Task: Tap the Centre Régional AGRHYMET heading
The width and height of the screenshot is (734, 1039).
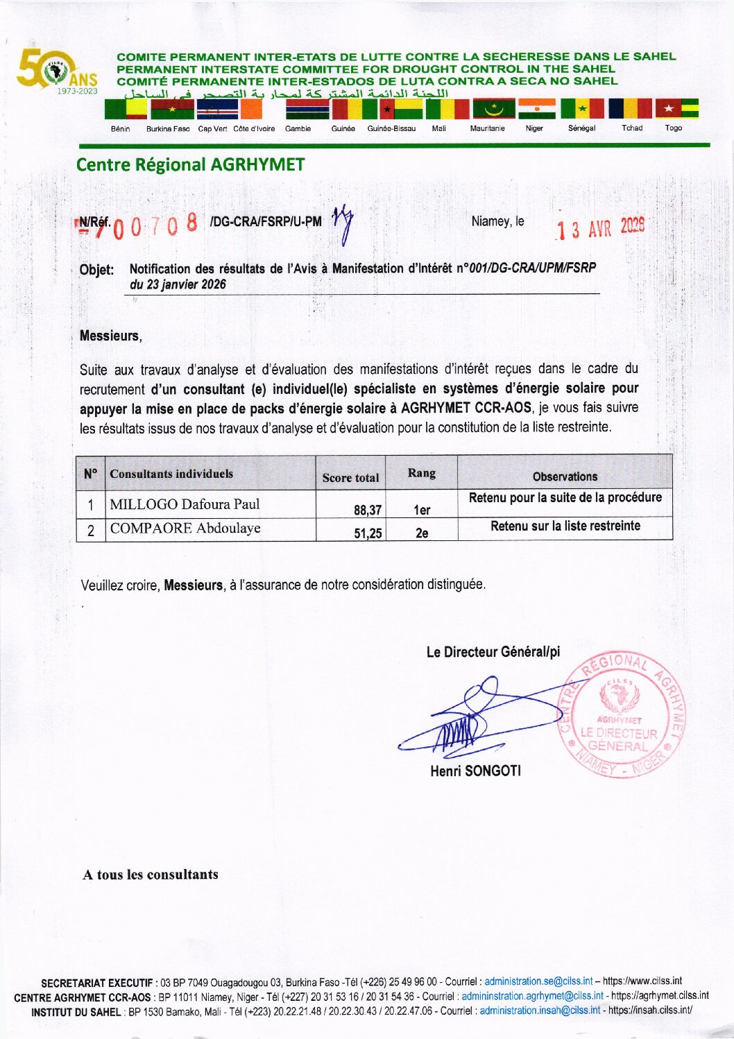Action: pos(190,165)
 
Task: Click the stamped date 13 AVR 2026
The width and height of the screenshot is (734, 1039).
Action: pos(601,227)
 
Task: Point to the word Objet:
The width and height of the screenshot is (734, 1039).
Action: pos(96,270)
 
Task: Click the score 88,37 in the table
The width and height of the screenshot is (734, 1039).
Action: pos(368,510)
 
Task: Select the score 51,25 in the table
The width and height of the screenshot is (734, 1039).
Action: pos(368,533)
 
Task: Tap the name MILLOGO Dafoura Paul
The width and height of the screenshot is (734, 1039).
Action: pos(185,504)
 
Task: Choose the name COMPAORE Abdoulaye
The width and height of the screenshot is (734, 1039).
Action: pos(185,529)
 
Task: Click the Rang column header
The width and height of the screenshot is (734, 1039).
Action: pos(421,473)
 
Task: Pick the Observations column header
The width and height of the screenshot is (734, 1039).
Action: pos(565,476)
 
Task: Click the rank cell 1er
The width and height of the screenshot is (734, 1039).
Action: pos(422,510)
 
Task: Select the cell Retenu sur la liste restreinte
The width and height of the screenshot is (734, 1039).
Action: pos(565,526)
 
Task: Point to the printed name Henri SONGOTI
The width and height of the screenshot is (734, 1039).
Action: pos(475,771)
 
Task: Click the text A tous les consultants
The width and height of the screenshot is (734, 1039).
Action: pos(151,875)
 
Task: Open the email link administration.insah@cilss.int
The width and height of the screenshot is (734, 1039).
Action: pos(540,1011)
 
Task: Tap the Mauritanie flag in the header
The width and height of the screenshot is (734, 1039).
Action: pos(494,109)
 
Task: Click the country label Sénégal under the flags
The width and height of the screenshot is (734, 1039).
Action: pos(581,128)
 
